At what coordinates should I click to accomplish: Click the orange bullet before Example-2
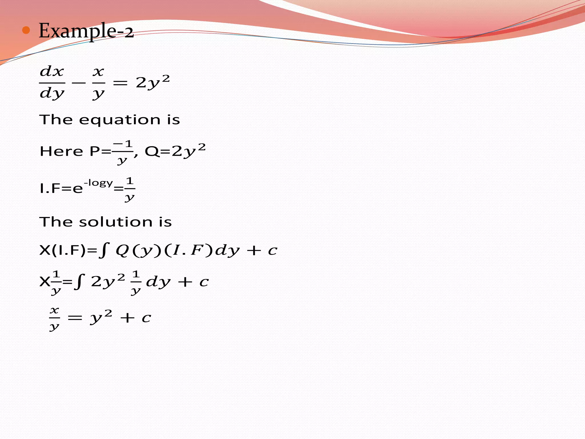coord(26,30)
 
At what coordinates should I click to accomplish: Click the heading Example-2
coord(86,31)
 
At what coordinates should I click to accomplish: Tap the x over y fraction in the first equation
coord(98,83)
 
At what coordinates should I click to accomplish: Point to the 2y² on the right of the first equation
coord(153,82)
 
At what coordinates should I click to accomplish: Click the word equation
coord(120,120)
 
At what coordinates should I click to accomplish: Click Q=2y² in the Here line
coord(175,151)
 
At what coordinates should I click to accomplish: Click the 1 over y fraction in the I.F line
coord(130,189)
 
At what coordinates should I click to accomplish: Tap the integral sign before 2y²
coord(80,282)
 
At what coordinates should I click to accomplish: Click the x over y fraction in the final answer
coord(54,318)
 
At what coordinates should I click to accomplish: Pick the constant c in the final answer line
coord(146,318)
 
